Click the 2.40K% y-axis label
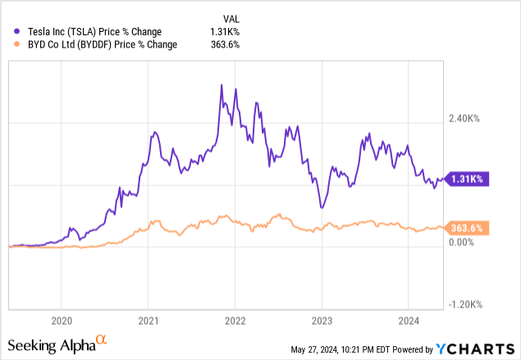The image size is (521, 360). click(464, 119)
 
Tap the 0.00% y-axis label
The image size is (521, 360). click(461, 243)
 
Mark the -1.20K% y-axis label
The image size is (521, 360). click(464, 304)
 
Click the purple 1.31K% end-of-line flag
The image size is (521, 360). click(467, 179)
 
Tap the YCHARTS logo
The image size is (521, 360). click(477, 348)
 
